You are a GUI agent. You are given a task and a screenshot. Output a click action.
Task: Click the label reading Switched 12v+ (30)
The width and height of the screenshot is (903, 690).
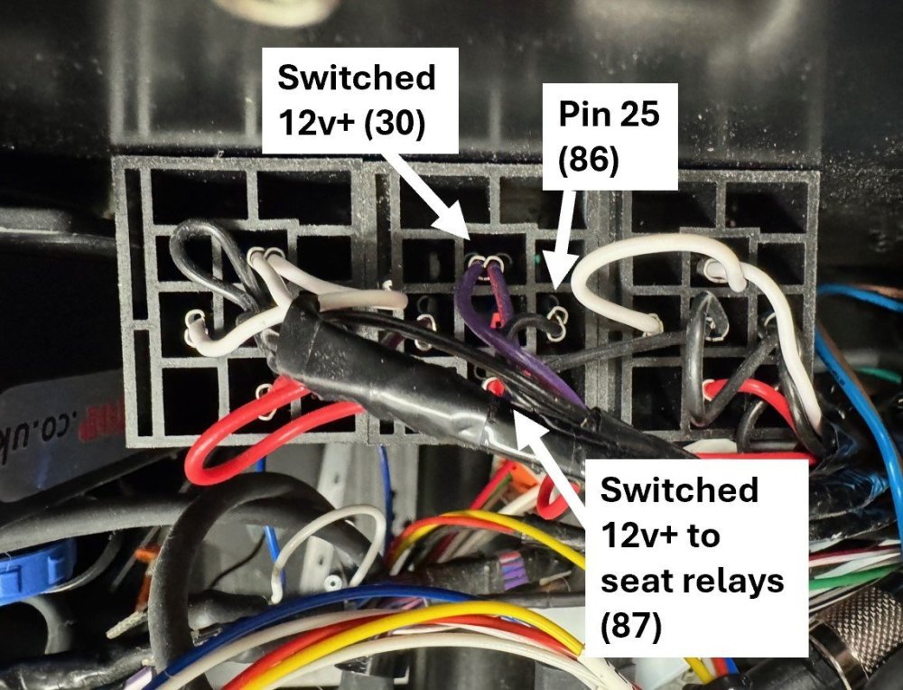point(356,100)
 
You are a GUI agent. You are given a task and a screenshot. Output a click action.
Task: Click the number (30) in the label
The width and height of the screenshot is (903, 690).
point(394,122)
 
